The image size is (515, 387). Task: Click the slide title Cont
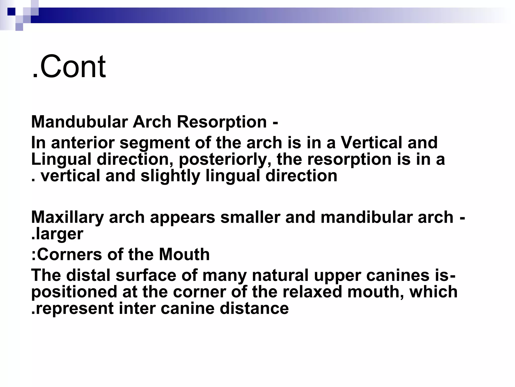coord(69,67)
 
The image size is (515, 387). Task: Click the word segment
coord(155,143)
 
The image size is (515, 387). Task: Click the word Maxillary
coord(67,217)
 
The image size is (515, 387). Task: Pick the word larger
coord(59,234)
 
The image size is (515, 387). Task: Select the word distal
coord(88,275)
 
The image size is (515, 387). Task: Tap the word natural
coord(280,275)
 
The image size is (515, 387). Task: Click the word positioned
coord(74,292)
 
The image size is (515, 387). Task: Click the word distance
coord(254,308)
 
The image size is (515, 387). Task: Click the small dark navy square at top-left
coord(11,12)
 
